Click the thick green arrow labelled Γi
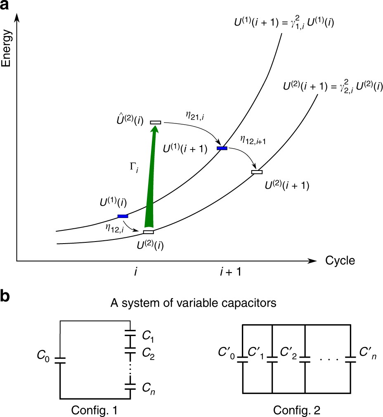tap(151, 178)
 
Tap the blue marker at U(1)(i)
tap(123, 216)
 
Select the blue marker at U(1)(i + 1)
tap(222, 148)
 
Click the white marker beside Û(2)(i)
tap(156, 122)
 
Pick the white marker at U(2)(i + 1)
tap(257, 172)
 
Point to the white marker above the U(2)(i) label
tap(148, 232)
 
